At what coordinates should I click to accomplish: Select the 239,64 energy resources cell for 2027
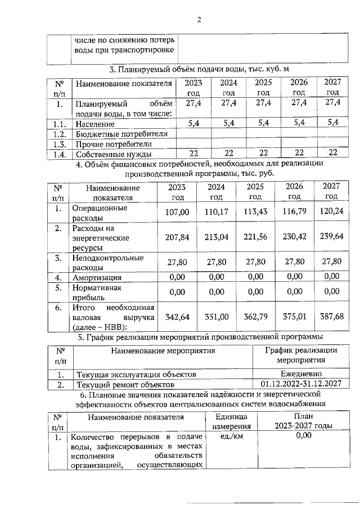[331, 237]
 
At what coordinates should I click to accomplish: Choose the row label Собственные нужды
[112, 154]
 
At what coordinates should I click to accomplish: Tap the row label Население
[95, 123]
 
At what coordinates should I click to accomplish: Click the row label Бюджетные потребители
[121, 134]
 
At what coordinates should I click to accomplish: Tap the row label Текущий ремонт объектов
[125, 384]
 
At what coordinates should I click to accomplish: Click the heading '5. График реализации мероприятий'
[200, 337]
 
